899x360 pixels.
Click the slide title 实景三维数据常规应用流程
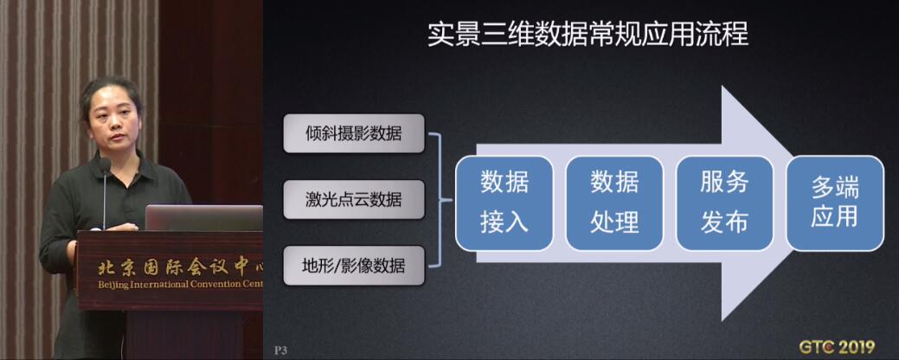588,35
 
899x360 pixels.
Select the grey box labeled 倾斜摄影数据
354,133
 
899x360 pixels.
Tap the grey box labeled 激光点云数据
354,200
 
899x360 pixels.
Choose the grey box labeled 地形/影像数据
354,266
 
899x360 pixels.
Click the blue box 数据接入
504,202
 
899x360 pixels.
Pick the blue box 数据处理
614,202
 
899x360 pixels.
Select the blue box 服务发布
725,202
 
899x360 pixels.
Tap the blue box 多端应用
835,202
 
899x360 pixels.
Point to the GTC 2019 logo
837,347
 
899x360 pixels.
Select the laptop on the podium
203,218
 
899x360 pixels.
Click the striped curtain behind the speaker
35,114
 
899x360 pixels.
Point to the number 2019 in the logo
854,347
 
